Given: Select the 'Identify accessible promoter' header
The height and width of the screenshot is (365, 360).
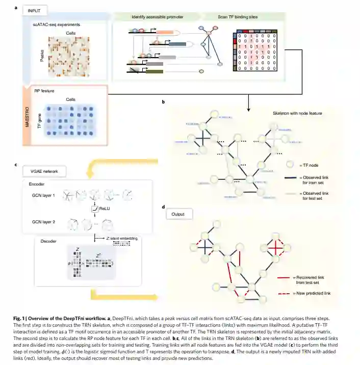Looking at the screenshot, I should pos(158,17).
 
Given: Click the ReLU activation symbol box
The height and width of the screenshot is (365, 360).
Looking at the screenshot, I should pos(94,208).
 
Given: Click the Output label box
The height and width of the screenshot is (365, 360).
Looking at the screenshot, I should pos(177,214).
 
